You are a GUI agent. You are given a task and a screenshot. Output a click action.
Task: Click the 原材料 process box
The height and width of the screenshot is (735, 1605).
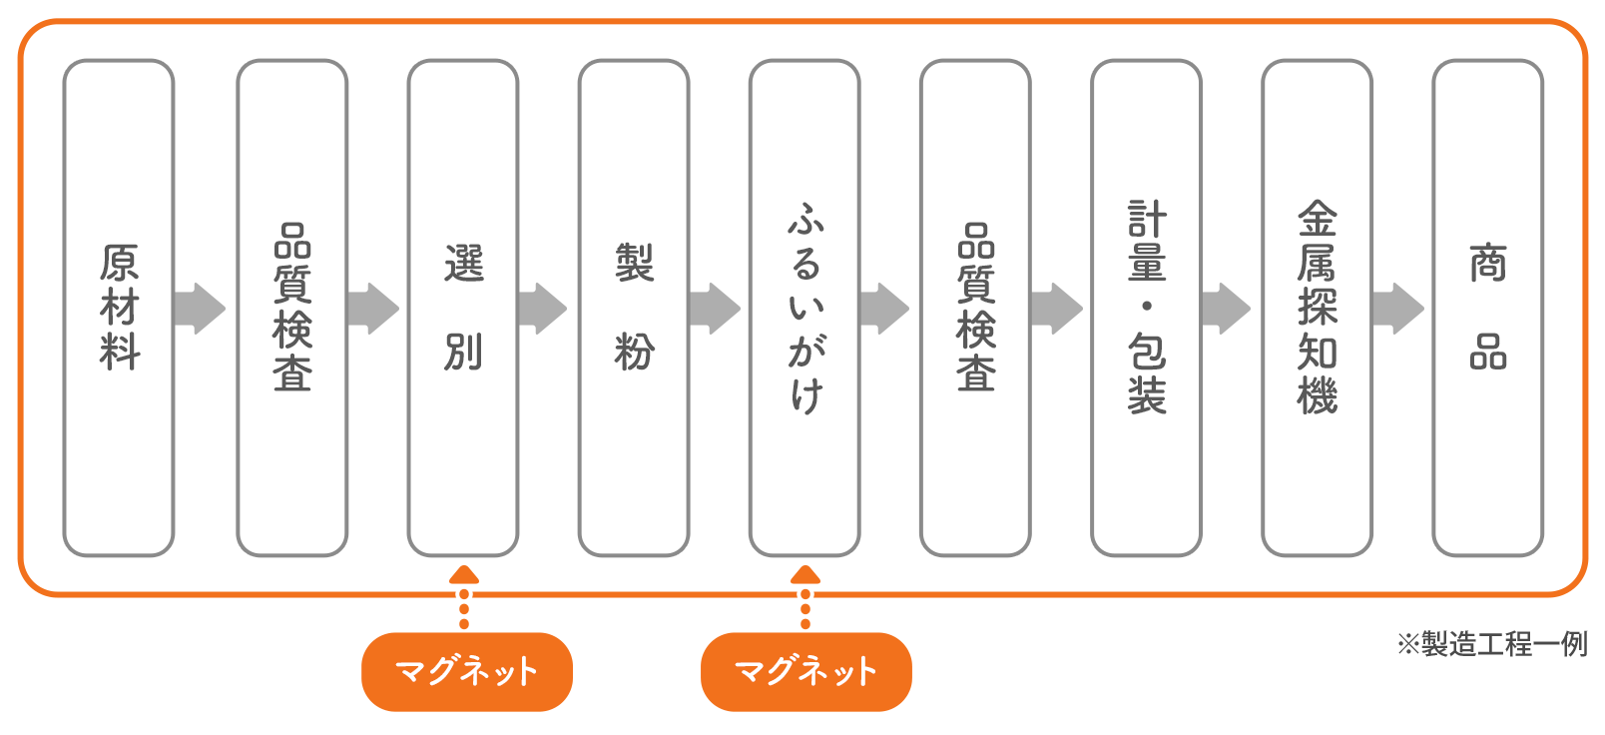119,308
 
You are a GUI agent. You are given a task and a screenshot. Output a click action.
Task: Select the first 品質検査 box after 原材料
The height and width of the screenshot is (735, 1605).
291,308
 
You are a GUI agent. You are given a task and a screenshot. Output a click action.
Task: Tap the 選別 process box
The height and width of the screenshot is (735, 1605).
463,308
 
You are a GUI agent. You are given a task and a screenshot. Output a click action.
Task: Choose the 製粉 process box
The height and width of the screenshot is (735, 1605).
634,308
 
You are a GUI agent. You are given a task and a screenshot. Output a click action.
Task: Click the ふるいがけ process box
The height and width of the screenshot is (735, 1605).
804,308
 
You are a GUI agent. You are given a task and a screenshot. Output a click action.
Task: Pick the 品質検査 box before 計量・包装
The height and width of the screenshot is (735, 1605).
975,308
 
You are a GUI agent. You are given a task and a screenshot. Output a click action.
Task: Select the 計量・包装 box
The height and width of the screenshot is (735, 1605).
1146,308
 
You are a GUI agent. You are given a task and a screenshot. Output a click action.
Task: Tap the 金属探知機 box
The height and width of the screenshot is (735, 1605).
1317,308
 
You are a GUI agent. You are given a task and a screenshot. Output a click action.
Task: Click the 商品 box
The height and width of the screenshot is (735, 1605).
1487,308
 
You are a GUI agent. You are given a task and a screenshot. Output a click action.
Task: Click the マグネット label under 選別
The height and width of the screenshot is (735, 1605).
466,671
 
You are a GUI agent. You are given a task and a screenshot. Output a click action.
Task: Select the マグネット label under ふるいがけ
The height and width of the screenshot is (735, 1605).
806,671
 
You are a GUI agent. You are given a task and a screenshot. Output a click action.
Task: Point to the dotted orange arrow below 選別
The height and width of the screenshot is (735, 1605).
464,597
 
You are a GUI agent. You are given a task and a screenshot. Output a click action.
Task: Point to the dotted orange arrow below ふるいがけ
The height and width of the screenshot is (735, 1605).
805,597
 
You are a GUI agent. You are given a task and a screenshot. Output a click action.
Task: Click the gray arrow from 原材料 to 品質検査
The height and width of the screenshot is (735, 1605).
200,308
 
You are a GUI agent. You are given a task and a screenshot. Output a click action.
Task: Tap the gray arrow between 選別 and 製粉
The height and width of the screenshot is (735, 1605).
543,308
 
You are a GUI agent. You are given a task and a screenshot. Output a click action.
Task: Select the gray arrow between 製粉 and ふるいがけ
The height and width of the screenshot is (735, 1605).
715,308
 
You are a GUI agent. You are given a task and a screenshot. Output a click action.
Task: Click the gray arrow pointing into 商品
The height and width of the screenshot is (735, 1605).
1398,308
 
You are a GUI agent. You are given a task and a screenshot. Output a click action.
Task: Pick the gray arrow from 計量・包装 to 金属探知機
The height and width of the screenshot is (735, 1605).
1227,308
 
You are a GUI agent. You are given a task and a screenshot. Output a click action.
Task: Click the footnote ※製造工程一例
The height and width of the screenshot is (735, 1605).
1491,644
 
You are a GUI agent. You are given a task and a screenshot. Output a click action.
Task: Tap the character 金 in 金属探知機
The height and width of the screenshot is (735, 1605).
1317,219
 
